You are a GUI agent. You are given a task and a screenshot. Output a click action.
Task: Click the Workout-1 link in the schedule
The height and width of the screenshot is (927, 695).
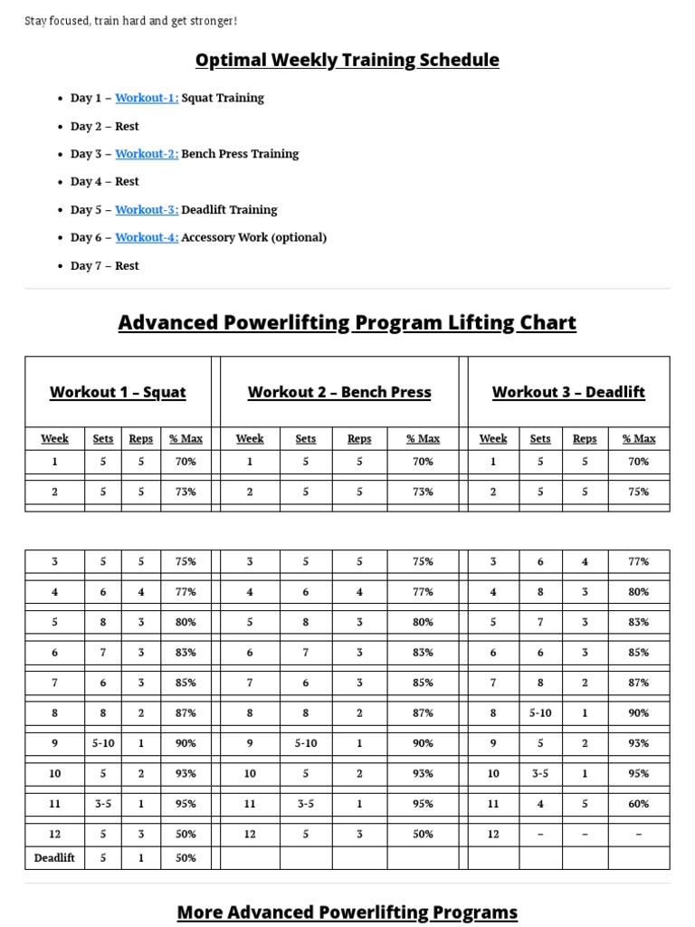click(x=146, y=98)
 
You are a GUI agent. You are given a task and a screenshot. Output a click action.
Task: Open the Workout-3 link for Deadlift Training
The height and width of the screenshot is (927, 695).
click(x=146, y=210)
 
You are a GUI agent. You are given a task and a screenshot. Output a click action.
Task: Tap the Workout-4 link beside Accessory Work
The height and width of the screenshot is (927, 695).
click(x=146, y=238)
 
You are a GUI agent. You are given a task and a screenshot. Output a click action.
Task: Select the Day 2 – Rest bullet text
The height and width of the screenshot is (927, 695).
click(x=104, y=127)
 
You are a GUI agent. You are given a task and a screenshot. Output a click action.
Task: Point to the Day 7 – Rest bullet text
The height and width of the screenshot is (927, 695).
click(x=104, y=266)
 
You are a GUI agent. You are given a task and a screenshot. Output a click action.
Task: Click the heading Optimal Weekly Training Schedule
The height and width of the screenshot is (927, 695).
click(x=347, y=61)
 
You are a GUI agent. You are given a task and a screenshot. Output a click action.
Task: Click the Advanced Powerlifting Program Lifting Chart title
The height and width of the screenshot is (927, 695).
click(x=347, y=323)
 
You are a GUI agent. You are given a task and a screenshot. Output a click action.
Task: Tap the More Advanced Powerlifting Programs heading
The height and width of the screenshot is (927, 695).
click(x=347, y=912)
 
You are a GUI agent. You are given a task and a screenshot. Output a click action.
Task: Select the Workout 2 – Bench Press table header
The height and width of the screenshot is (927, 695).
click(x=339, y=392)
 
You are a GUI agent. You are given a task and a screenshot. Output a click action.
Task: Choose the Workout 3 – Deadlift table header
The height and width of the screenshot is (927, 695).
click(x=568, y=392)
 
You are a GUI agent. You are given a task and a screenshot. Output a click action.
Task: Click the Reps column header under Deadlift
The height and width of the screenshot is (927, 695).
click(x=585, y=439)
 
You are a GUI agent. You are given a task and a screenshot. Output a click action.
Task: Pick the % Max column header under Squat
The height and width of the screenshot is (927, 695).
click(x=186, y=439)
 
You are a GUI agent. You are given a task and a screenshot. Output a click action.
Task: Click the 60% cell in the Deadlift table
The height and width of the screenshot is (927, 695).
click(x=638, y=804)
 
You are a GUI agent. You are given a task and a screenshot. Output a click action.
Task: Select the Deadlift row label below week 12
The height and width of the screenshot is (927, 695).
click(x=54, y=857)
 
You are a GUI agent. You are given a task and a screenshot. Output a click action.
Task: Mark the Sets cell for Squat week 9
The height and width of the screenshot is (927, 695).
click(x=103, y=743)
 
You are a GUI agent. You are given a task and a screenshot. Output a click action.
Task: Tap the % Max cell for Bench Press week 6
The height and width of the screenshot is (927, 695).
click(x=423, y=653)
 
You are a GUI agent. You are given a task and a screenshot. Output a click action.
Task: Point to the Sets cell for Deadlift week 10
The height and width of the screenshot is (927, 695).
click(x=540, y=774)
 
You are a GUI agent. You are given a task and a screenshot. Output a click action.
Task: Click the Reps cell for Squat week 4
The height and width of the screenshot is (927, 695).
click(x=141, y=592)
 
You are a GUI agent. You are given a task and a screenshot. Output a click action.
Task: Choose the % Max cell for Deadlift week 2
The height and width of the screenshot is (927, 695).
click(x=638, y=492)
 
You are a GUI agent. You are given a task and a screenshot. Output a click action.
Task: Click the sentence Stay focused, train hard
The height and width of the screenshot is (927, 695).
click(x=131, y=21)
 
